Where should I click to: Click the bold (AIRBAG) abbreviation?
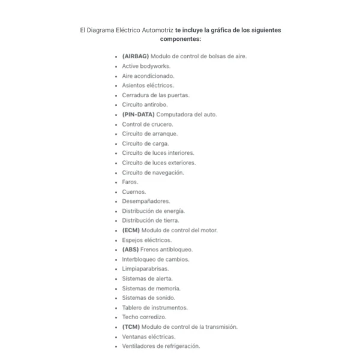click(135, 56)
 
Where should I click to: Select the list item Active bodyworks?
click(146, 66)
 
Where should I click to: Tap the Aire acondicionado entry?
click(148, 76)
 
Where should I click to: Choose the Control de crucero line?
click(148, 124)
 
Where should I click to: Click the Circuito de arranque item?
click(150, 134)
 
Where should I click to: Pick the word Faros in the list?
click(130, 182)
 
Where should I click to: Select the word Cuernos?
click(134, 191)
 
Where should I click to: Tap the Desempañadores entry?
click(146, 201)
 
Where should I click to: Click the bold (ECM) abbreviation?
click(131, 230)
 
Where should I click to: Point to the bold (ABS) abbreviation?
click(131, 250)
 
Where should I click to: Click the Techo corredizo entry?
click(144, 317)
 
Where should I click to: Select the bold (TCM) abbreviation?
click(131, 326)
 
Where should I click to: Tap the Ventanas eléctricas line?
click(149, 336)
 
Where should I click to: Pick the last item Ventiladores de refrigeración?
click(161, 346)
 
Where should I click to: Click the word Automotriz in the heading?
click(155, 29)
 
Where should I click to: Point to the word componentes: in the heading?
click(180, 38)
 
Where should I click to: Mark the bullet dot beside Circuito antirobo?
click(116, 105)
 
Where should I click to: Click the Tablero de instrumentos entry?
click(155, 307)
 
